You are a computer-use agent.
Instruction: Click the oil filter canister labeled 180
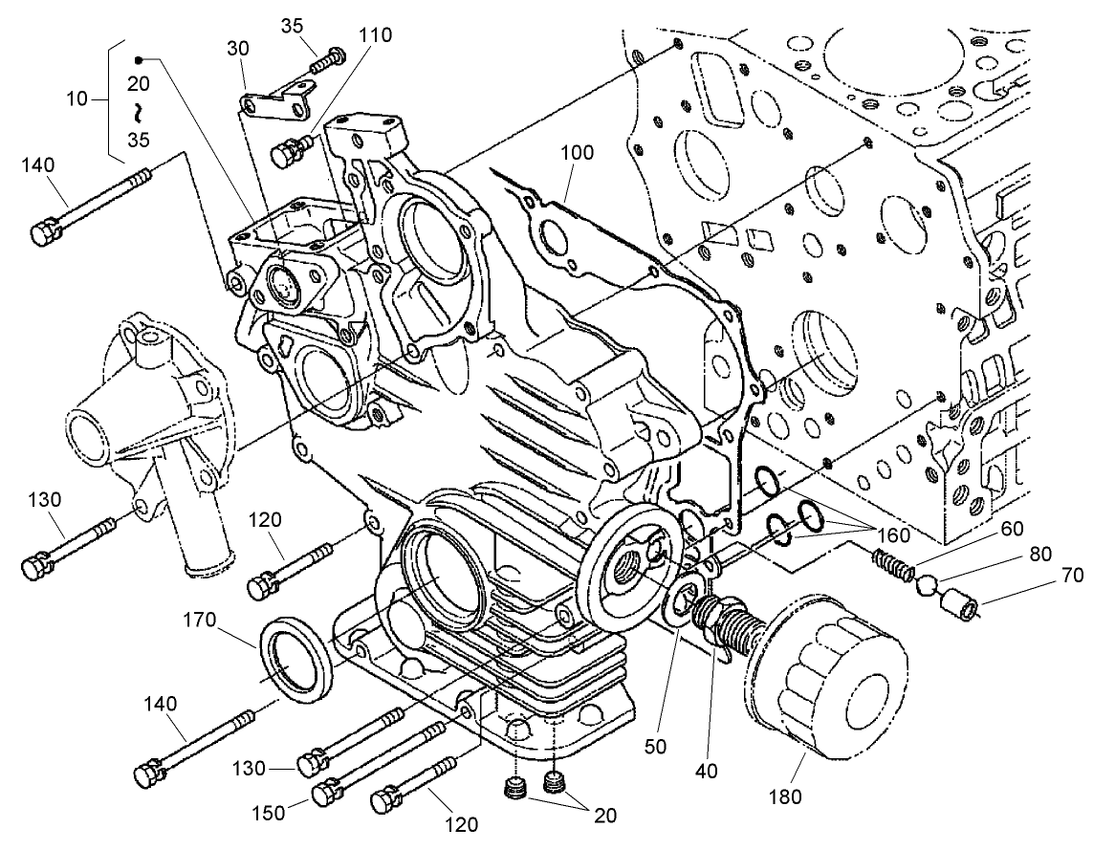point(827,674)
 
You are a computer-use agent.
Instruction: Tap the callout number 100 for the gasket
point(577,153)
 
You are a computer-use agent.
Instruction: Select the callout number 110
point(374,35)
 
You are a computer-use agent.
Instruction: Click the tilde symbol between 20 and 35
point(140,112)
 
